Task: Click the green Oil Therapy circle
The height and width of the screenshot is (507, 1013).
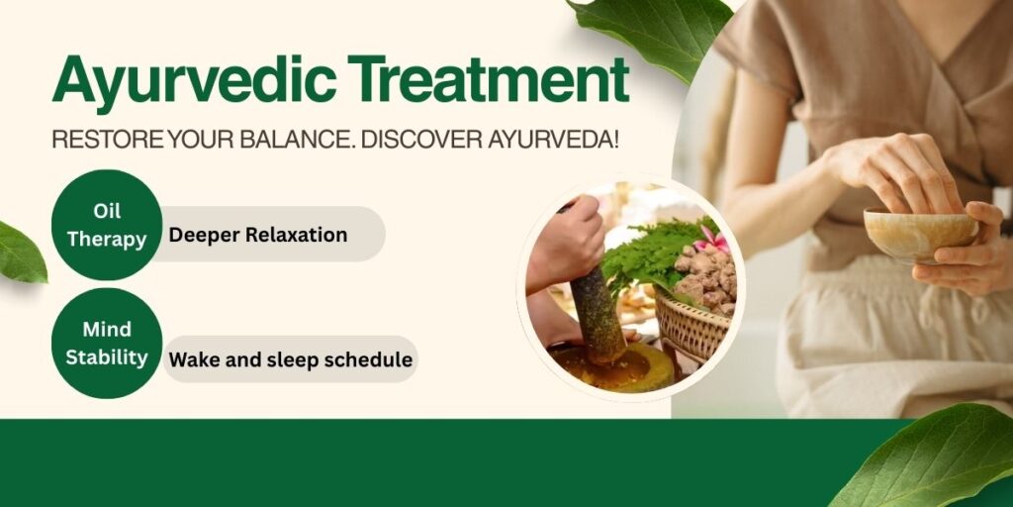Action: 106,225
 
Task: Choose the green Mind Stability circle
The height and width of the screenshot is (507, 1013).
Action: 106,343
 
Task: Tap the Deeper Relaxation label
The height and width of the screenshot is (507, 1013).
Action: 258,235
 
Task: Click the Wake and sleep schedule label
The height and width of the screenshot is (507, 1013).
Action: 289,358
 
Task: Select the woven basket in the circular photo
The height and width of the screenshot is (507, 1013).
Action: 692,327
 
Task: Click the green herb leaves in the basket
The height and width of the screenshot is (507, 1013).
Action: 643,253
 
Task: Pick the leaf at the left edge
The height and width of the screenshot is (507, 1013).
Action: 20,253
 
